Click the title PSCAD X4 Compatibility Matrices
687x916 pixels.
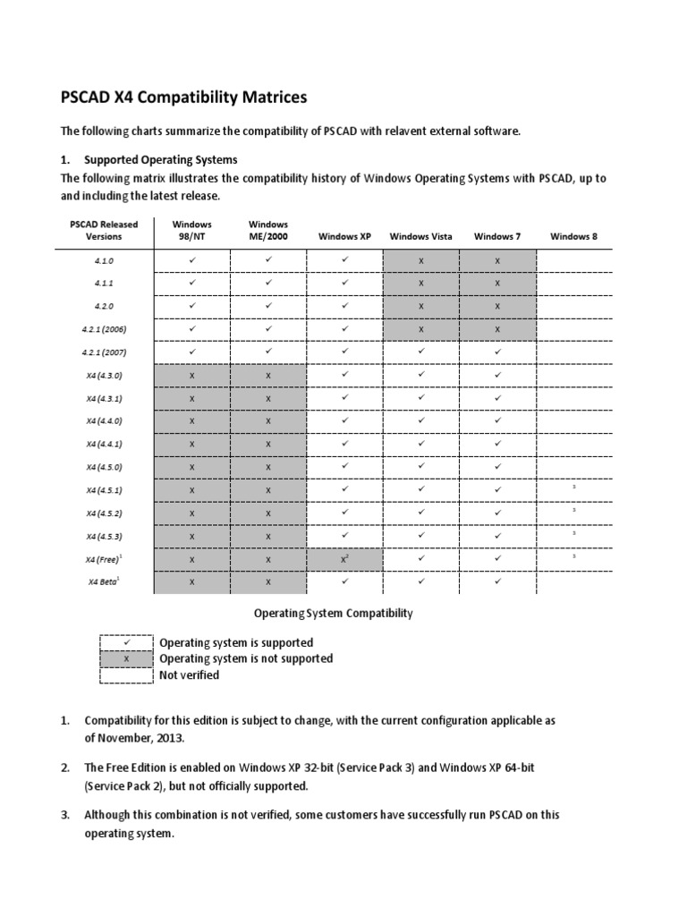tap(183, 97)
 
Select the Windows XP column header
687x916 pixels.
tap(344, 236)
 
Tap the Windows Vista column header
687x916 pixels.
tap(420, 236)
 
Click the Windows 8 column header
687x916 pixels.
tap(573, 236)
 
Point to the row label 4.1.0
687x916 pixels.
tap(105, 259)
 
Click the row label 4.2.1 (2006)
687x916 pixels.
tap(105, 328)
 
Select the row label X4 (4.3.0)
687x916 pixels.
tap(105, 375)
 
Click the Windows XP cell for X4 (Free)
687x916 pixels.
tap(344, 559)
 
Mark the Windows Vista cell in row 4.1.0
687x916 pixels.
tap(420, 259)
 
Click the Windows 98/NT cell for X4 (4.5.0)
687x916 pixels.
tap(191, 467)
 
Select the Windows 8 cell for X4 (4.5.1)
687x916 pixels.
tap(573, 488)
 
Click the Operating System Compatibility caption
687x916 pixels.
tap(333, 614)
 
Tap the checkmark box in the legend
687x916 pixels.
tap(126, 643)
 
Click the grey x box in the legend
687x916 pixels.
tap(126, 658)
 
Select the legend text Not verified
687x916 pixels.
tap(189, 675)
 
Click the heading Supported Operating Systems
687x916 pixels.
tap(161, 159)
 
